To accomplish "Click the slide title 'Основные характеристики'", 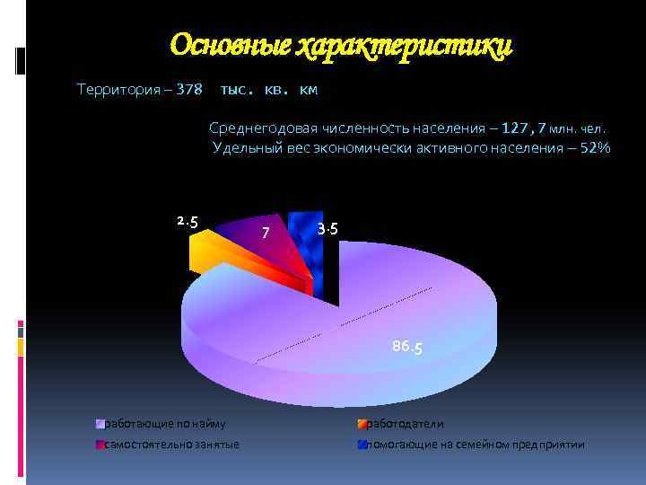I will pos(341,45).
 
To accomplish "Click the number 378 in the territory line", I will pos(189,90).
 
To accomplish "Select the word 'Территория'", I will pos(118,90).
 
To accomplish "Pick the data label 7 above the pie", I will pos(265,234).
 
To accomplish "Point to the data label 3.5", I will pos(327,230).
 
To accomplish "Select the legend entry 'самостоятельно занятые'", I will pos(171,445).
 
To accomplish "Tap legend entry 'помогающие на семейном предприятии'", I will pos(476,445).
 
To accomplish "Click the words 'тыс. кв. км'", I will pos(268,91).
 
